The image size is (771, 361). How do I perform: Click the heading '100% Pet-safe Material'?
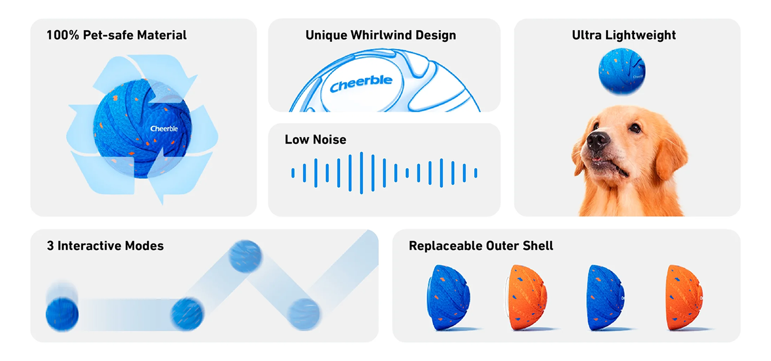[x=116, y=35]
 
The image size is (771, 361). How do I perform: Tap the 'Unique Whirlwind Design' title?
[x=381, y=35]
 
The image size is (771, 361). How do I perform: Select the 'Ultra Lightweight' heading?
[x=624, y=35]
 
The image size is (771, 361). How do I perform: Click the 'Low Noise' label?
[x=315, y=140]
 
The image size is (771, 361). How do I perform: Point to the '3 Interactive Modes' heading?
[x=106, y=246]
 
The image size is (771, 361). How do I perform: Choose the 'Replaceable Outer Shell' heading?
[x=481, y=246]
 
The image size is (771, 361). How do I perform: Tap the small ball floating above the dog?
[x=622, y=72]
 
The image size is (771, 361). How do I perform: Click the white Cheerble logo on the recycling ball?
[x=164, y=129]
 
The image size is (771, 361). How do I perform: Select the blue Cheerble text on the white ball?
[x=361, y=83]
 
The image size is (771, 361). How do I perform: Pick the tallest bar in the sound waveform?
[x=361, y=173]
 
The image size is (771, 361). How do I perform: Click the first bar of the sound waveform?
[x=293, y=173]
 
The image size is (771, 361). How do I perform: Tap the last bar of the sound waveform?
[x=476, y=173]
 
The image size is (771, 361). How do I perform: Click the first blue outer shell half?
[x=448, y=298]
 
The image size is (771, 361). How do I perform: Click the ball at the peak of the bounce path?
[x=245, y=257]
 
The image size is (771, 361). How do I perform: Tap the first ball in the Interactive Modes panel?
[x=62, y=314]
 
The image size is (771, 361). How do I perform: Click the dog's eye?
[x=635, y=128]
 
